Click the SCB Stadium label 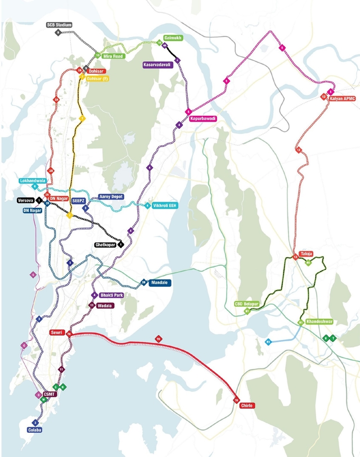pyautogui.click(x=60, y=25)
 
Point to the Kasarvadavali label pyautogui.click(x=158, y=65)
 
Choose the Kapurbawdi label pyautogui.click(x=203, y=119)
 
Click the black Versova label pyautogui.click(x=26, y=200)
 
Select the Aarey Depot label pyautogui.click(x=111, y=197)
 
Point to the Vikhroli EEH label pyautogui.click(x=165, y=205)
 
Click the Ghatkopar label pyautogui.click(x=105, y=245)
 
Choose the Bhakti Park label pyautogui.click(x=111, y=295)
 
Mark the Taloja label pyautogui.click(x=306, y=254)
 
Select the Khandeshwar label pyautogui.click(x=321, y=322)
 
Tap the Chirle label pyautogui.click(x=248, y=405)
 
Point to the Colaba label pyautogui.click(x=35, y=430)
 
